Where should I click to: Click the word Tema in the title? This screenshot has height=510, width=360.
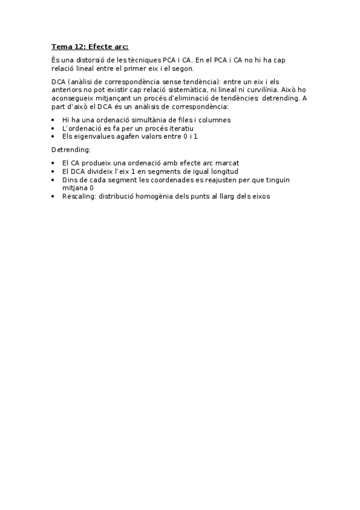tap(61, 46)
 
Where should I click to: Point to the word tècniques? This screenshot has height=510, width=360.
tap(146, 61)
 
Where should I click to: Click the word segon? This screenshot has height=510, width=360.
tap(182, 69)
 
